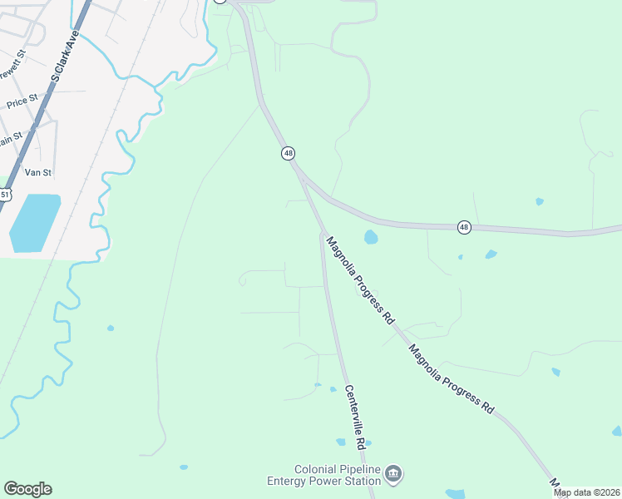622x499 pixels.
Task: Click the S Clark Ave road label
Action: [63, 57]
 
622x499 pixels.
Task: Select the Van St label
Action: [38, 172]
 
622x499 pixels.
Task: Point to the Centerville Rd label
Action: [353, 417]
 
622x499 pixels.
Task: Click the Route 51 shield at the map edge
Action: [4, 195]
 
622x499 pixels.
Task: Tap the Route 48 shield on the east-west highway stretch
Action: [464, 227]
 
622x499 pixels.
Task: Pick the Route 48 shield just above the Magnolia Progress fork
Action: [288, 153]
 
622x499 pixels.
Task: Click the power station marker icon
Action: [394, 474]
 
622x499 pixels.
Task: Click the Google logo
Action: [27, 489]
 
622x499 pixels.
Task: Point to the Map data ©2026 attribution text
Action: [587, 492]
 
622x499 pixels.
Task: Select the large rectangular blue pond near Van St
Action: [35, 222]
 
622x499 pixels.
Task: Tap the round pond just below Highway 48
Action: [371, 238]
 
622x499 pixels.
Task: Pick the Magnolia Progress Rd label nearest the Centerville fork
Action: [359, 279]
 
